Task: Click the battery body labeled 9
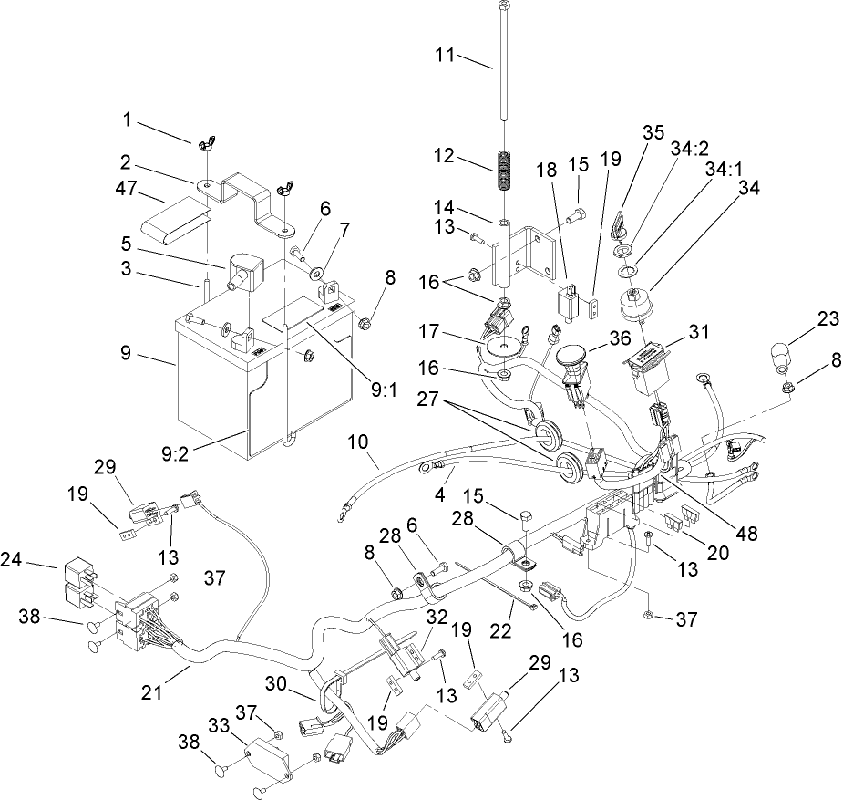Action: pyautogui.click(x=219, y=383)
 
